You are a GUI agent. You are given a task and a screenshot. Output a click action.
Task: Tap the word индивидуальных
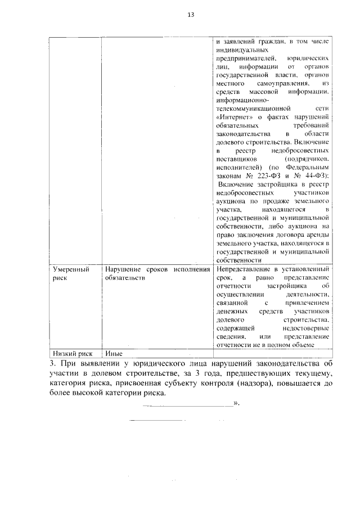tap(240, 49)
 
